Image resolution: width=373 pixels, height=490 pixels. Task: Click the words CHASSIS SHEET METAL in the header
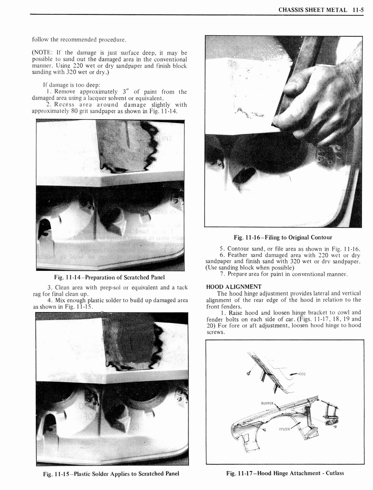click(313, 10)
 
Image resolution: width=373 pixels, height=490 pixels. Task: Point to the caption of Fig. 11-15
click(111, 474)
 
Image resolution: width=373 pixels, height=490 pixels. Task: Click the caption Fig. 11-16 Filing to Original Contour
click(283, 237)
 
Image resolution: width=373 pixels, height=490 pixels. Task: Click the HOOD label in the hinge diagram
click(301, 374)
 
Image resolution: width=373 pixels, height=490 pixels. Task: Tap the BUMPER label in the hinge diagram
click(267, 403)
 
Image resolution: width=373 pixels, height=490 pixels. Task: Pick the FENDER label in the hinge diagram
click(285, 429)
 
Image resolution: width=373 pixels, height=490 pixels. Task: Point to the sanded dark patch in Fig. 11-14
click(127, 146)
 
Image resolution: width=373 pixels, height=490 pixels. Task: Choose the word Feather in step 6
click(240, 255)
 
